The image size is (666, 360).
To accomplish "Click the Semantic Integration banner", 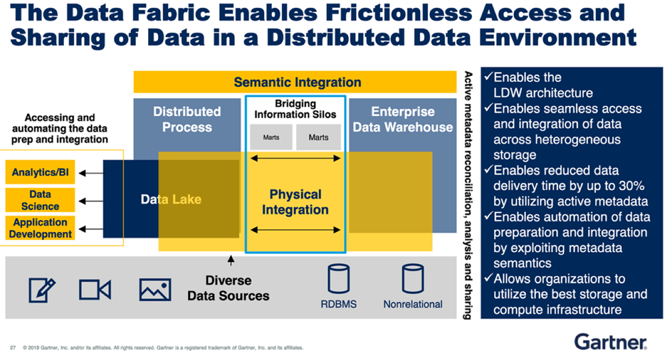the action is [x=295, y=82].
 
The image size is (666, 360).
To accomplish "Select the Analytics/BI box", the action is [x=40, y=172].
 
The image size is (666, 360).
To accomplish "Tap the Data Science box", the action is [x=40, y=200].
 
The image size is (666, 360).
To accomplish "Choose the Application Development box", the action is [x=40, y=228].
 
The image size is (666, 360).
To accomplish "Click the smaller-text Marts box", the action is [x=271, y=137].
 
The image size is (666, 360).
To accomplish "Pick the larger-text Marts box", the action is [x=319, y=137].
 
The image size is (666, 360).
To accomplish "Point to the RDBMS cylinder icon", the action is [x=339, y=279].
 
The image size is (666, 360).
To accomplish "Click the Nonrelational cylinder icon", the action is [x=413, y=279].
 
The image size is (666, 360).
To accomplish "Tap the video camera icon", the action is [x=95, y=290].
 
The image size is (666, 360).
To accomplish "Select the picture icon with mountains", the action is [x=155, y=290].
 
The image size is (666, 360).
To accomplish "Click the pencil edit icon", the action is [x=41, y=290].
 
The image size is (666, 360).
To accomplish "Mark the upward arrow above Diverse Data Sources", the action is [x=231, y=261].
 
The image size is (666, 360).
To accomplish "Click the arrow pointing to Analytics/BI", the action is [x=91, y=173].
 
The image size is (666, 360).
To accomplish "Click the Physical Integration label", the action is [x=295, y=201].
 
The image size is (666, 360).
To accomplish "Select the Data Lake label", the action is [x=171, y=199].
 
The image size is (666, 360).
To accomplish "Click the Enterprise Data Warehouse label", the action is [x=403, y=119].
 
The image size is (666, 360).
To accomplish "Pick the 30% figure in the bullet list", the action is [x=630, y=185].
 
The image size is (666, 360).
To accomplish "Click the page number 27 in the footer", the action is [x=13, y=348].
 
